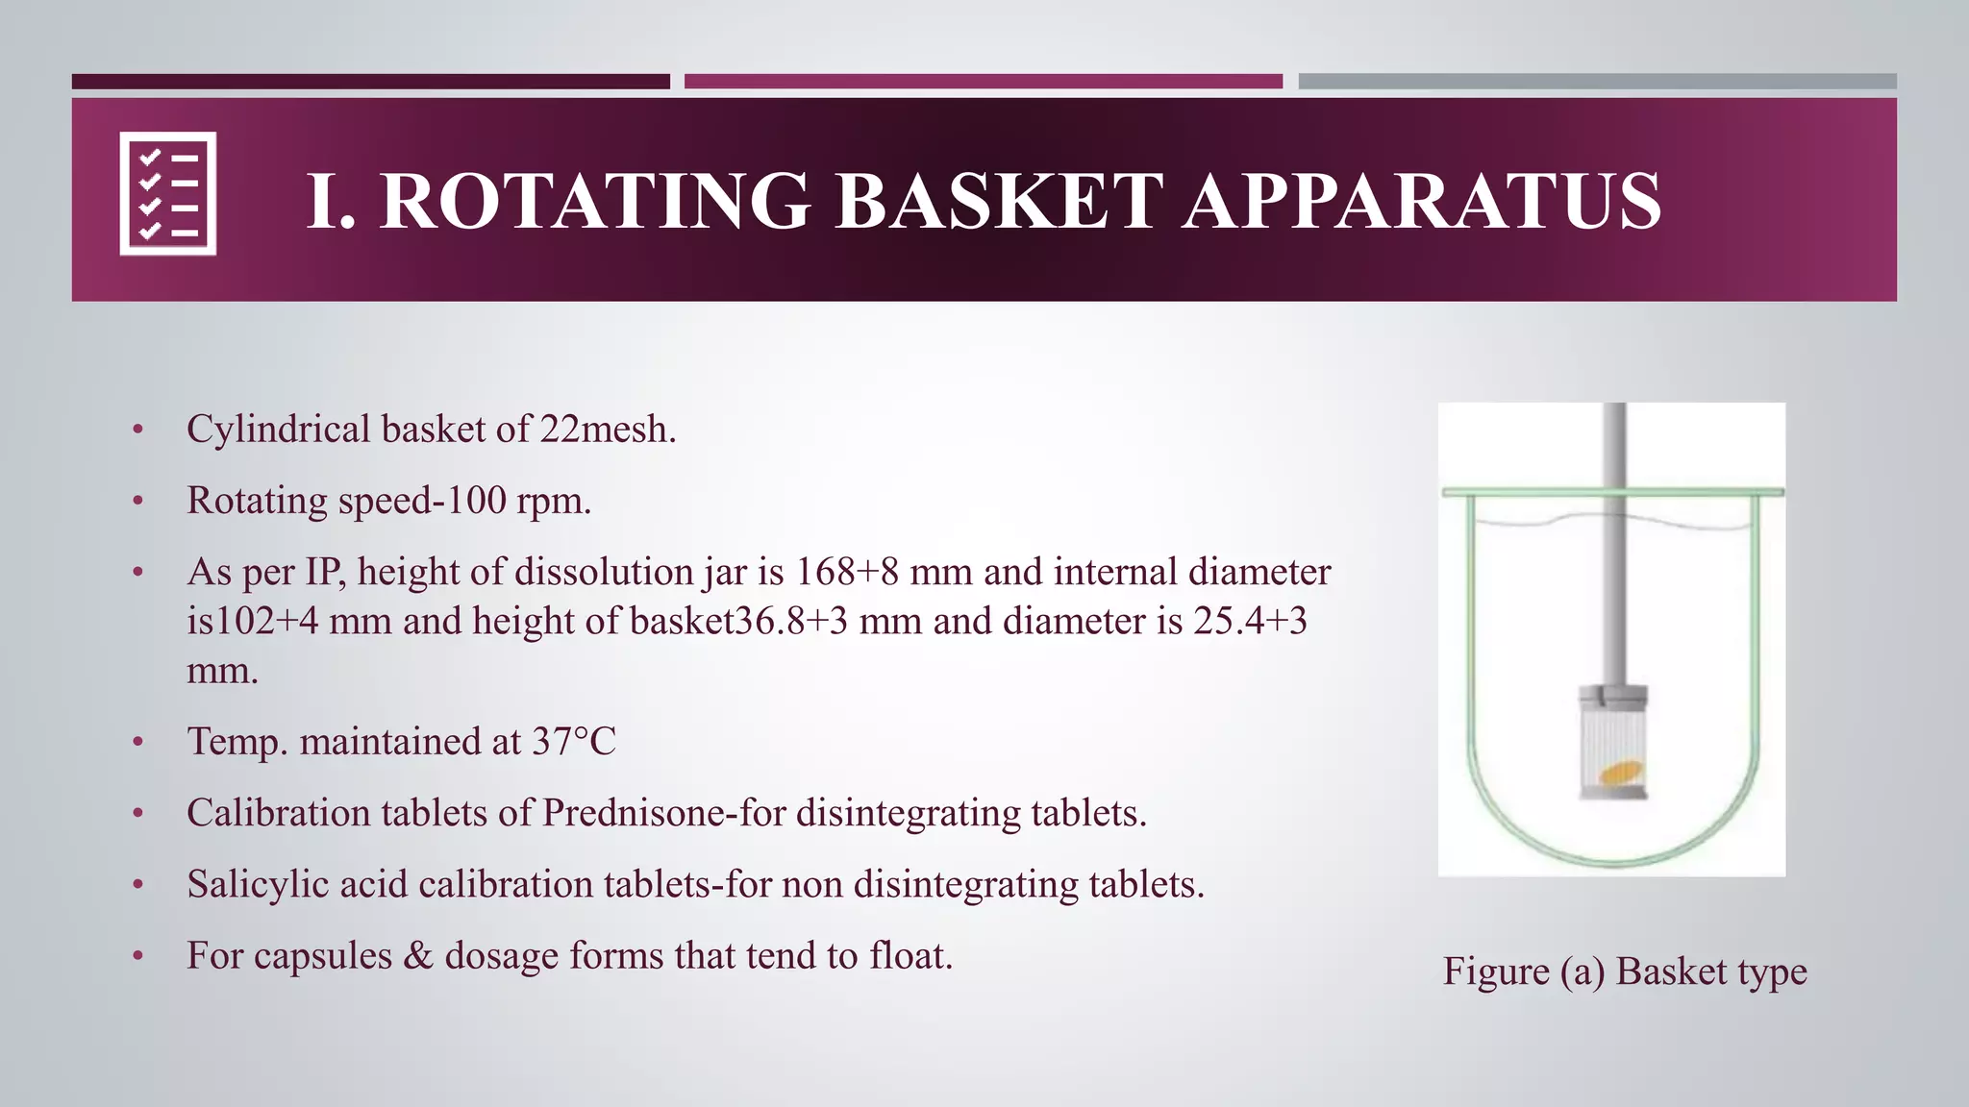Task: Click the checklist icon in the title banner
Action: tap(168, 193)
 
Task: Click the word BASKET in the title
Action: tap(1000, 202)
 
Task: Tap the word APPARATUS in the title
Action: tap(1422, 202)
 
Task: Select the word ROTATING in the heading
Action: tap(595, 202)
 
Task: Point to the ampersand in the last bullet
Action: tap(418, 956)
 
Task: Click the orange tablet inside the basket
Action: tap(1621, 773)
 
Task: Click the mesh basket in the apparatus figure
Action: tap(1613, 745)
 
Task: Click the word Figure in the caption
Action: tap(1496, 972)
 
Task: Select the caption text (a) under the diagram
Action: tap(1583, 972)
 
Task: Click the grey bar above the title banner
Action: tap(1597, 82)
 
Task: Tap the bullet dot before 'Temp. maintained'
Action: tap(138, 743)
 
